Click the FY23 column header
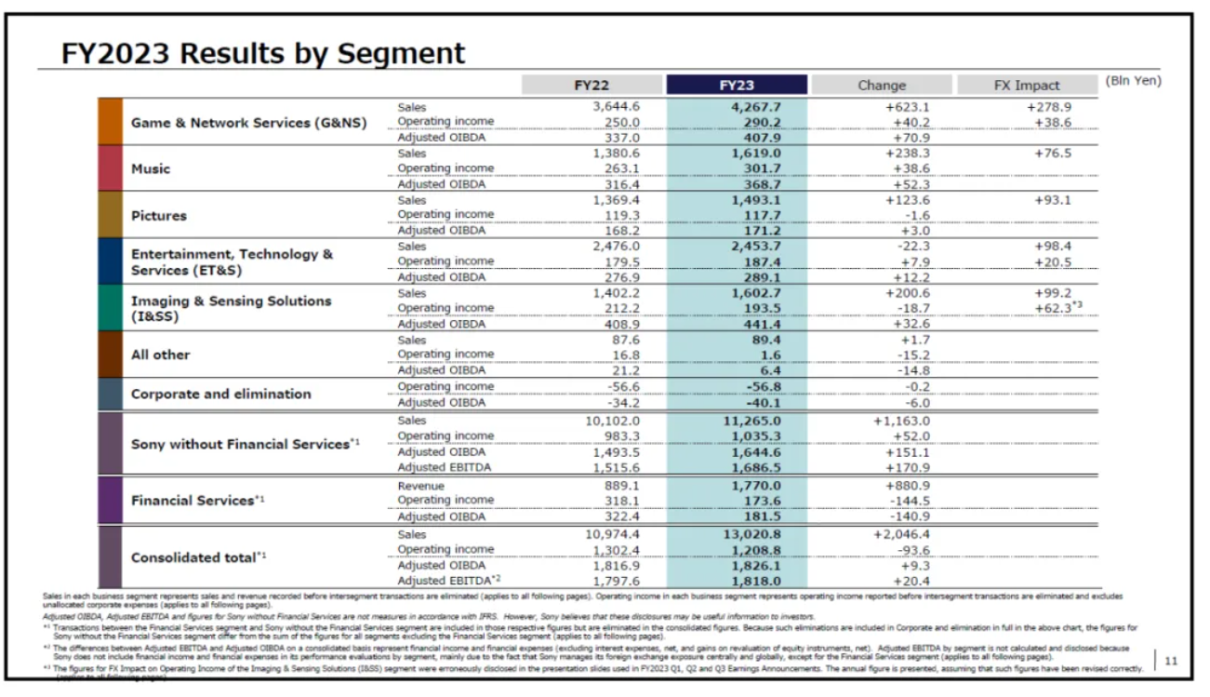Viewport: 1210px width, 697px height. (737, 85)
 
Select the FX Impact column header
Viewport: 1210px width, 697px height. (1026, 85)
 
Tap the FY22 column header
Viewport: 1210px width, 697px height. (592, 85)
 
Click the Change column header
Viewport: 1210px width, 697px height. (881, 85)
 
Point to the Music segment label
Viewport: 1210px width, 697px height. (151, 169)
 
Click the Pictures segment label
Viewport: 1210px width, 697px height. (159, 216)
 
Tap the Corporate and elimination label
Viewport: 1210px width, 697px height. (220, 394)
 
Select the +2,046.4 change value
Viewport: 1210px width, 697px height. (901, 534)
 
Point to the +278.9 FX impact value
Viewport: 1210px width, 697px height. (1049, 107)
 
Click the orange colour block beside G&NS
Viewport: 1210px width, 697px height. (110, 122)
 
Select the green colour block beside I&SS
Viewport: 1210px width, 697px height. (110, 308)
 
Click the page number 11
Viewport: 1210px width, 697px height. (1171, 661)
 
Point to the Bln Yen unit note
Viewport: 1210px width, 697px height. (1133, 81)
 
